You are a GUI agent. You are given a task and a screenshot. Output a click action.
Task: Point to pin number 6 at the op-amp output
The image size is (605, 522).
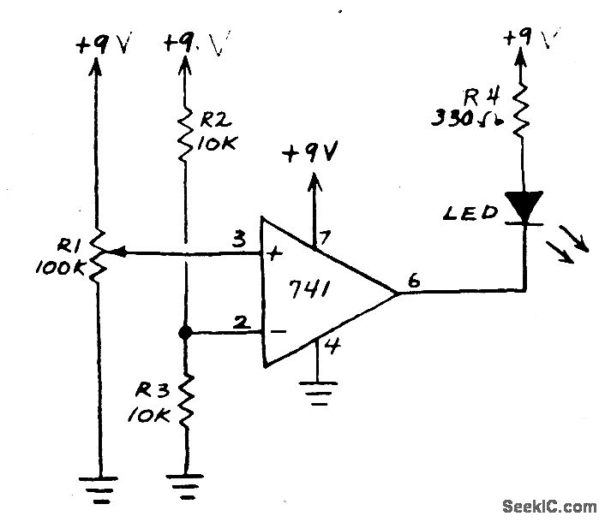415,282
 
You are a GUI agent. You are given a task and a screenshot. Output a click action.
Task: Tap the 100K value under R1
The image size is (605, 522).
60,268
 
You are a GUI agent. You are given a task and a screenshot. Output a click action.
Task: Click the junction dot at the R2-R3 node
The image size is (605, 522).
185,332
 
